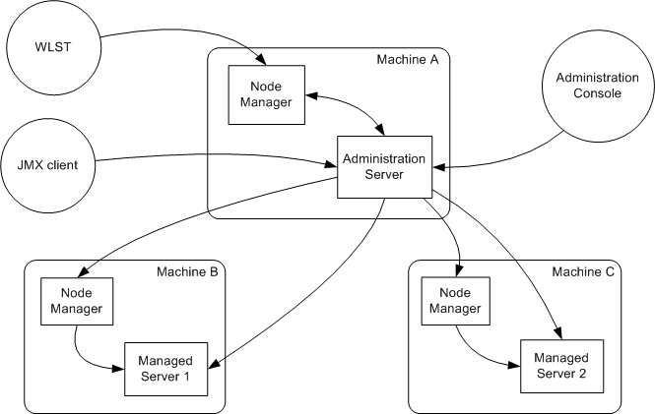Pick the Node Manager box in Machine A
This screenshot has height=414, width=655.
point(259,94)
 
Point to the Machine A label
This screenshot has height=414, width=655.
point(407,61)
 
